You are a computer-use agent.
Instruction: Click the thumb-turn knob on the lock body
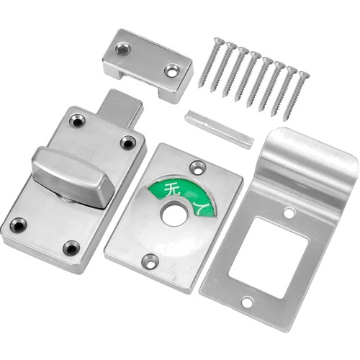tap(72, 176)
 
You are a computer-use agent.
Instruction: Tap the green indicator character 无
tap(170, 189)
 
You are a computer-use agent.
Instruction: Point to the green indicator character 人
tap(201, 208)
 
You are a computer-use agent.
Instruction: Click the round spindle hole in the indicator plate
tap(174, 212)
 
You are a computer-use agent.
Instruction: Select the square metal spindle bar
tap(219, 128)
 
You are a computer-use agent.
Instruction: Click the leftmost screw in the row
tap(212, 63)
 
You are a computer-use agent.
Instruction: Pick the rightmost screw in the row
tap(297, 96)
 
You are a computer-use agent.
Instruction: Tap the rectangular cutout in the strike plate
tap(269, 257)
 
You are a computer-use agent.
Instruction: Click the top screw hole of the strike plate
tap(289, 212)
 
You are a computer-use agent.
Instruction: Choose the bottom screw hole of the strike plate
tap(248, 302)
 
